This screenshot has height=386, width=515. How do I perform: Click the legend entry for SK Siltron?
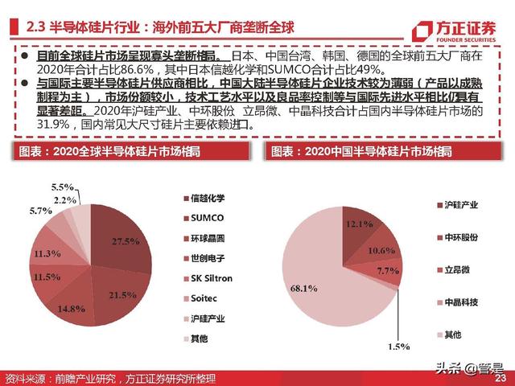tap(212, 278)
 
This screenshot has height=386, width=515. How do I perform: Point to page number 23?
tap(500, 378)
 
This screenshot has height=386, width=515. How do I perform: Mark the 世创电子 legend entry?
tap(210, 259)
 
